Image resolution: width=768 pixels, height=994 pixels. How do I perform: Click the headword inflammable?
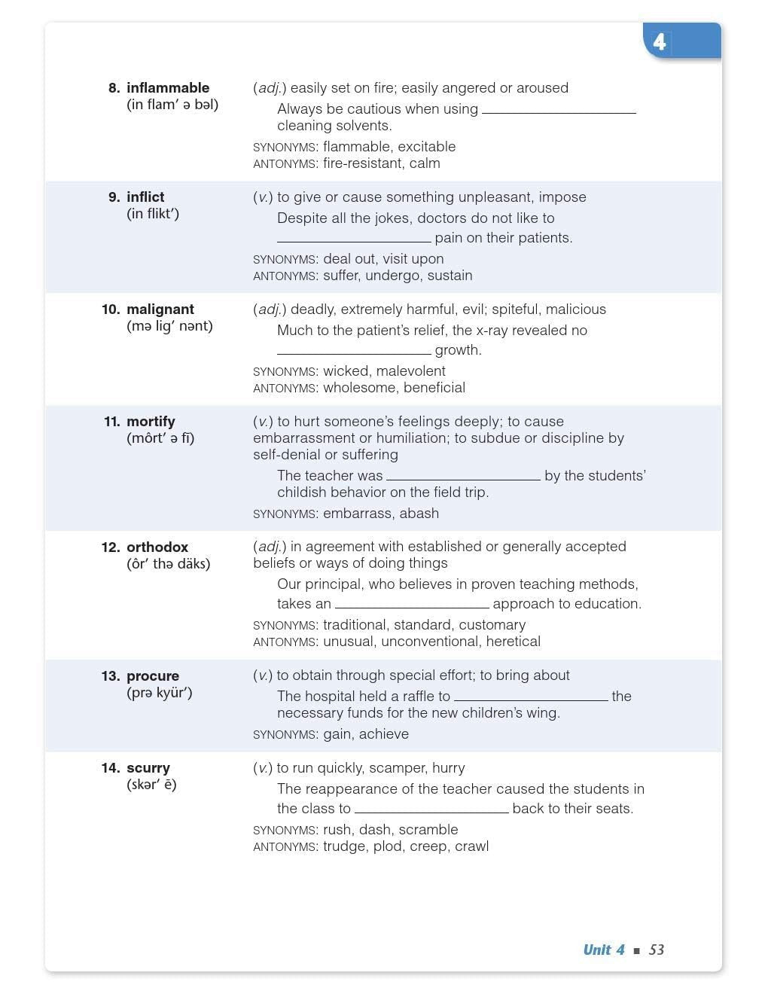coord(168,88)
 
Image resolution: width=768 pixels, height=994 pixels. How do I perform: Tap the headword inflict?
coord(145,197)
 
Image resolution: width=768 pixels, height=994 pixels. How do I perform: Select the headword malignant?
coord(160,309)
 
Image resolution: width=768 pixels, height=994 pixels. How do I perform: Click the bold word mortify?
coord(151,422)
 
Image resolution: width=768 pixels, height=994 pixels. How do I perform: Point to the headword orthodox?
coord(157,547)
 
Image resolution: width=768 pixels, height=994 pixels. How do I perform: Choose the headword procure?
coord(153,676)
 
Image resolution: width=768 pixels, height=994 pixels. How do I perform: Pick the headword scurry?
coord(148,768)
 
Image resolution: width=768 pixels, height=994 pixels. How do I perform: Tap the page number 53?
coord(657,950)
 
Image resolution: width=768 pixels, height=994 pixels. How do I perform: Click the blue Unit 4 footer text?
coord(604,950)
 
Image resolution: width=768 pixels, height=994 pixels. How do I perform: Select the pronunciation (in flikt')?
coord(153,214)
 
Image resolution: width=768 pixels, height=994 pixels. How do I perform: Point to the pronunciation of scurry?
coord(151,785)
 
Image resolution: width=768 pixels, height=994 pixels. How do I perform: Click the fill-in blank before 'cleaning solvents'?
coord(559,110)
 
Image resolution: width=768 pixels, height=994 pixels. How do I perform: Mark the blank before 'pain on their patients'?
coord(354,239)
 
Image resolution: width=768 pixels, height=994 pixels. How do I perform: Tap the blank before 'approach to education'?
coord(412,605)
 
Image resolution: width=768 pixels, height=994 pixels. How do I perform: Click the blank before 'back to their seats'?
coord(431,810)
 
